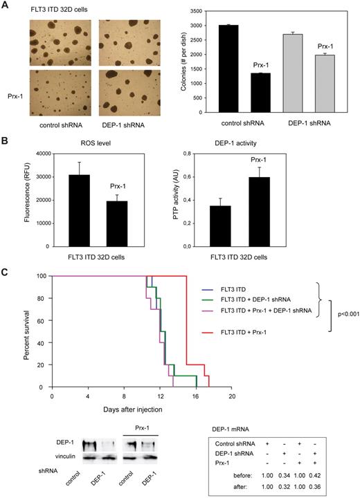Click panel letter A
(x=4, y=5)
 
